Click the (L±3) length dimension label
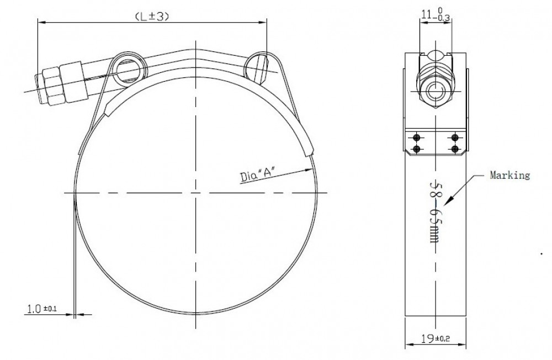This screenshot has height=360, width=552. pyautogui.click(x=152, y=16)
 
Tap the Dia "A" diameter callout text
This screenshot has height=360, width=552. pyautogui.click(x=257, y=176)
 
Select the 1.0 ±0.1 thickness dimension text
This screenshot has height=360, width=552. pyautogui.click(x=42, y=309)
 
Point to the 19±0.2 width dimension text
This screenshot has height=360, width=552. pyautogui.click(x=436, y=338)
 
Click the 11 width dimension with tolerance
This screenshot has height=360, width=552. pyautogui.click(x=436, y=15)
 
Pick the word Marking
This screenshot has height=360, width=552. pyautogui.click(x=509, y=175)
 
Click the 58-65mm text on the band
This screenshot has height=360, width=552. pyautogui.click(x=436, y=213)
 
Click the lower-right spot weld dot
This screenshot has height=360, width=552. pyautogui.click(x=455, y=149)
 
